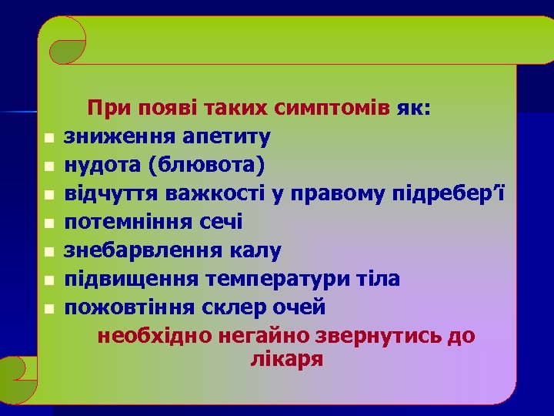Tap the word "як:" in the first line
pyautogui.click(x=415, y=108)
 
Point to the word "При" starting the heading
pyautogui.click(x=104, y=108)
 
